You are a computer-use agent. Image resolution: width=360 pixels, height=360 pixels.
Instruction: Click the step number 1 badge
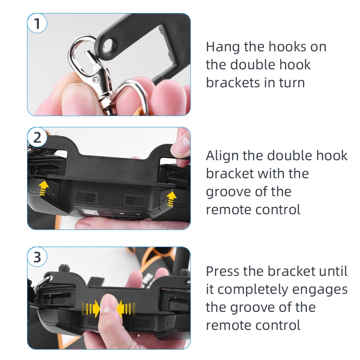(37, 23)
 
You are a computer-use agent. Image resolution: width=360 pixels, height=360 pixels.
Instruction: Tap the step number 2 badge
(37, 137)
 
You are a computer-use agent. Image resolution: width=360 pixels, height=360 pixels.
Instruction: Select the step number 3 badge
(37, 257)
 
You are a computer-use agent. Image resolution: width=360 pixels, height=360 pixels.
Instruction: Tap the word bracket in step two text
(229, 174)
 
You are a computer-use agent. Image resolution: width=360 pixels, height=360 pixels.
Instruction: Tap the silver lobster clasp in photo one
(91, 69)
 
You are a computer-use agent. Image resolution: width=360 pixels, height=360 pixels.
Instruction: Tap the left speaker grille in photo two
(84, 197)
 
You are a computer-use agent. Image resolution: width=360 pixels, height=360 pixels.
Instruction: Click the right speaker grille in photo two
(137, 200)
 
